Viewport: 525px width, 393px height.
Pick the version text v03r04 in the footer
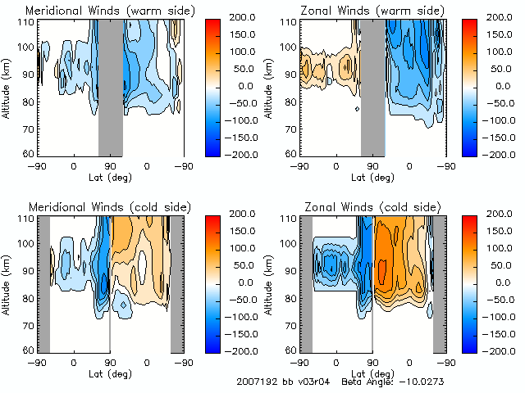(x=311, y=382)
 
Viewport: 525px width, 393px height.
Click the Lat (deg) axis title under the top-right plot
(x=373, y=176)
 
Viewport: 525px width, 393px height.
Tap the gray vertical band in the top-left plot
(x=111, y=86)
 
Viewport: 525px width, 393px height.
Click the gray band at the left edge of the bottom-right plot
(x=305, y=282)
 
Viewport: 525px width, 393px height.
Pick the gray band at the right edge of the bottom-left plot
(x=177, y=282)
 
